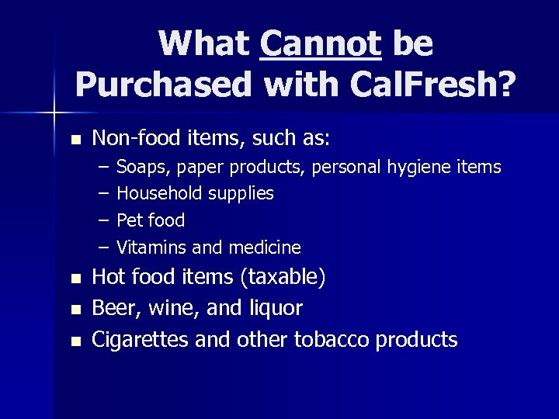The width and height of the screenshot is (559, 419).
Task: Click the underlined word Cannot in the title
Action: tap(321, 43)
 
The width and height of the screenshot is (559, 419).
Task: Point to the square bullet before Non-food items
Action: tap(75, 140)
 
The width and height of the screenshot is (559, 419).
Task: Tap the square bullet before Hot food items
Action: tap(75, 279)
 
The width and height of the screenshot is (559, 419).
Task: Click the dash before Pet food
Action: tap(103, 220)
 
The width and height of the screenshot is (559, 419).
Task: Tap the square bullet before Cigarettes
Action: tap(75, 341)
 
